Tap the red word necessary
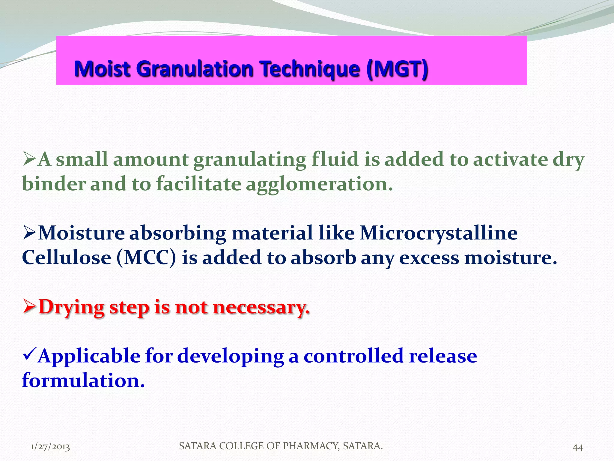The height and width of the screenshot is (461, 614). click(x=261, y=308)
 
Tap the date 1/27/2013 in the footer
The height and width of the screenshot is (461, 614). click(x=50, y=447)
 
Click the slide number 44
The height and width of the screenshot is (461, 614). click(x=577, y=447)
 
